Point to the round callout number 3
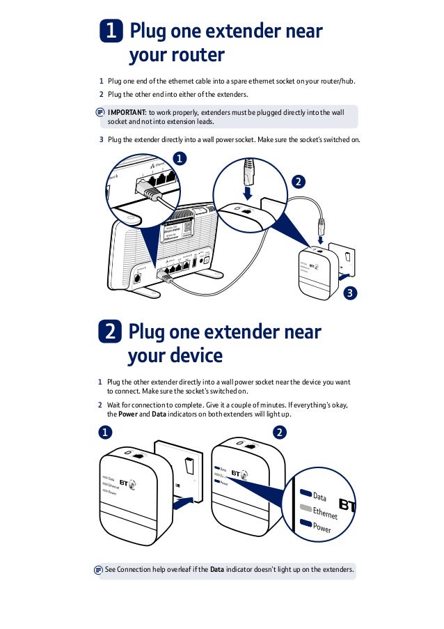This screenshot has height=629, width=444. pos(351,293)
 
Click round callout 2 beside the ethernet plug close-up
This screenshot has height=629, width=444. pos(298,182)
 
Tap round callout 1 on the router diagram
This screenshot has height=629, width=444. pos(180,159)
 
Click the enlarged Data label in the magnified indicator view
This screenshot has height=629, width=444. pos(319,497)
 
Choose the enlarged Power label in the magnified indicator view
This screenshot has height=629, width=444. pos(322,529)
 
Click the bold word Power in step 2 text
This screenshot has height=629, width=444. pos(127,414)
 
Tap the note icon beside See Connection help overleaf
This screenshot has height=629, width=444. pos(98,570)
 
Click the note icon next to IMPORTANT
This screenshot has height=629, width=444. pos(100,112)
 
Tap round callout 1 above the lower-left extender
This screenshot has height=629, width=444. pos(104,433)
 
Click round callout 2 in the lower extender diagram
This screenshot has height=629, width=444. pos(279,433)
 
